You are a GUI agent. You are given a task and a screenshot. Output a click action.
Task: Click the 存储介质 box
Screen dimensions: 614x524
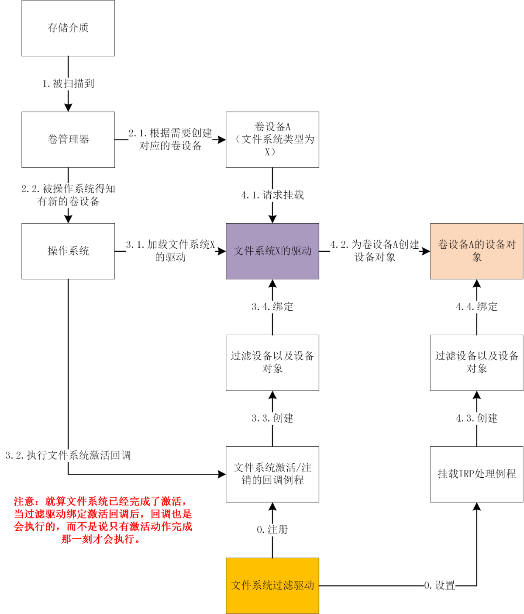pos(68,28)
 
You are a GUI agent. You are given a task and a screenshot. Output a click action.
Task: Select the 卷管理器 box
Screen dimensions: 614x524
pos(68,139)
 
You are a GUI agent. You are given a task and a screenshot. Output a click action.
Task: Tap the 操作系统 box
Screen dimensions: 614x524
pos(68,251)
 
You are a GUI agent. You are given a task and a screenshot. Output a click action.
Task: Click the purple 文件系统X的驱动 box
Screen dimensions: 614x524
pos(272,251)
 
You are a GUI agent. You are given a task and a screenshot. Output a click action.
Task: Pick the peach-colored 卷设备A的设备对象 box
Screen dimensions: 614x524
pos(476,251)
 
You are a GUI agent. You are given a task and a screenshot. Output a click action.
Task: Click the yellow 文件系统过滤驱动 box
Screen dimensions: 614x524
pos(272,585)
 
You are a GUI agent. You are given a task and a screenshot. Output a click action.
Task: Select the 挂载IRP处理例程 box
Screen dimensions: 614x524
pos(476,474)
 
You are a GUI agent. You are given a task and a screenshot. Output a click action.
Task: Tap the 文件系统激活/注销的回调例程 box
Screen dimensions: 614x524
pos(272,474)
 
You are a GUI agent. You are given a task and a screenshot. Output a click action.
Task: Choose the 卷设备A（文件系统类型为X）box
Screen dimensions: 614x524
pos(272,139)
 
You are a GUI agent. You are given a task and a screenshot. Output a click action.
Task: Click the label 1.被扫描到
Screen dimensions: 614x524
pos(68,83)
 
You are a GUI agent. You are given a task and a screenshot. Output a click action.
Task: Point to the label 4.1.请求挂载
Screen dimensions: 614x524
pos(272,195)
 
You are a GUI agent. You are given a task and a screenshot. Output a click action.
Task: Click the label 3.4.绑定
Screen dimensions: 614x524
pos(272,307)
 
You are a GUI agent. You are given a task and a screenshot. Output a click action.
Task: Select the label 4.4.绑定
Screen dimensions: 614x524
pos(476,307)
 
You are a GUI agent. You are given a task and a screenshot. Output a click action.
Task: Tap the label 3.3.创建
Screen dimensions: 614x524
pos(272,418)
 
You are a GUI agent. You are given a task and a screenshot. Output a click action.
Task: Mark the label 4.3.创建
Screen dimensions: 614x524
pos(476,418)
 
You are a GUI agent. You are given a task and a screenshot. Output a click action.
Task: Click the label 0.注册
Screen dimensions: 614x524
pos(272,530)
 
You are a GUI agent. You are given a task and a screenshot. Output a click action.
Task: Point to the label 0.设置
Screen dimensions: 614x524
pos(439,585)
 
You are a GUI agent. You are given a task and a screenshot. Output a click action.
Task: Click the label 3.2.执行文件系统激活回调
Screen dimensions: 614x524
pos(68,455)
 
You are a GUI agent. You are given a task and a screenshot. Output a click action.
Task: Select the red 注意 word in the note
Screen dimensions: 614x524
pos(24,501)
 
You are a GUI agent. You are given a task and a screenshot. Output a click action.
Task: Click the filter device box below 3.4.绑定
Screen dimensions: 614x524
pos(272,362)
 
